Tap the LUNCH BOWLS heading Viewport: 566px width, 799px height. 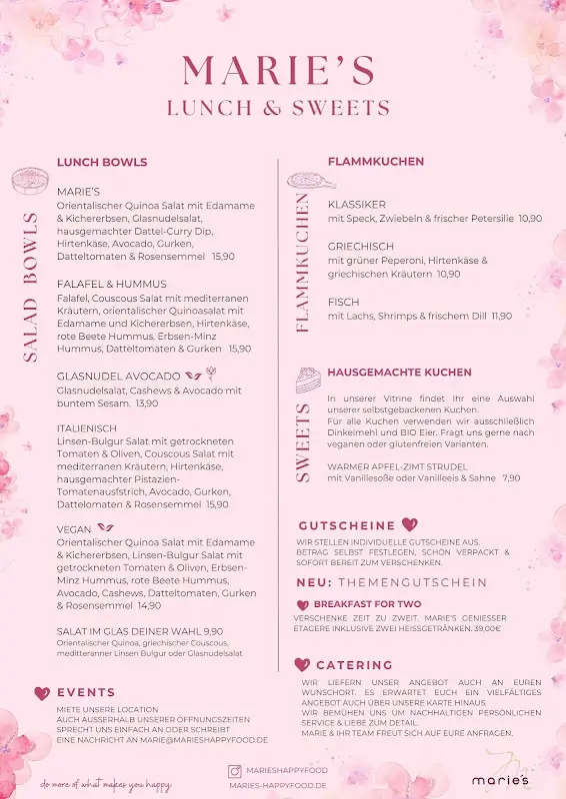click(102, 162)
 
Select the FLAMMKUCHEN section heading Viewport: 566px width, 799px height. click(376, 161)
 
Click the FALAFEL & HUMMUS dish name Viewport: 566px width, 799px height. click(112, 284)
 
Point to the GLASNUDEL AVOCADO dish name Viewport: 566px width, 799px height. click(119, 377)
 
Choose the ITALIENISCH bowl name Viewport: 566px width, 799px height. click(87, 428)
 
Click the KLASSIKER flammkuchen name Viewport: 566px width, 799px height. click(357, 204)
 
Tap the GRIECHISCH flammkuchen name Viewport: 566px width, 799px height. click(361, 246)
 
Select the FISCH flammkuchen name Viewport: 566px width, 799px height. click(343, 302)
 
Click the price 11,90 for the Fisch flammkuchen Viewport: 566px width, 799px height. click(501, 316)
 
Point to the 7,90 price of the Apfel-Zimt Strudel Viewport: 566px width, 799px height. click(511, 478)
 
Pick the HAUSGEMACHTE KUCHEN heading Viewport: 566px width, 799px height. click(399, 373)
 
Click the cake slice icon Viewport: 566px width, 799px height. click(307, 380)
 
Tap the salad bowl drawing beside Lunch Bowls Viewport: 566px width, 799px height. click(31, 180)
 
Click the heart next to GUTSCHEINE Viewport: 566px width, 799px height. click(409, 524)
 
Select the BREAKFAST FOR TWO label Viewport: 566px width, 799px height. click(367, 604)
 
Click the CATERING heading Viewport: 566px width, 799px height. click(354, 665)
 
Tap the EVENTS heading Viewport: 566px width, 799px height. click(86, 692)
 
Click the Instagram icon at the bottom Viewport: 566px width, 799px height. click(235, 771)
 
